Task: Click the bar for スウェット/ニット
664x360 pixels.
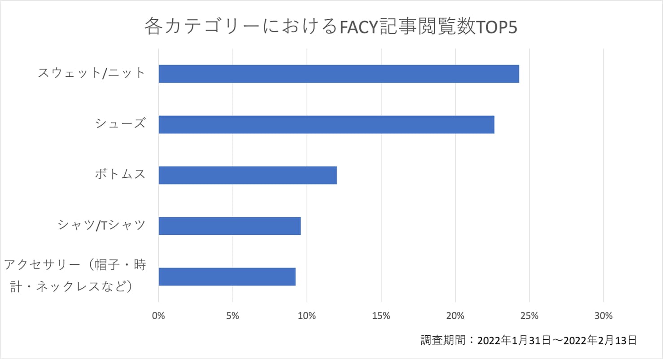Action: [339, 74]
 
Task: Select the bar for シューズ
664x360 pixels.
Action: [326, 124]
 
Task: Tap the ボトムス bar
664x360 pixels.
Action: [248, 175]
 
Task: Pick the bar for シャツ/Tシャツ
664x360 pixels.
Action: [230, 226]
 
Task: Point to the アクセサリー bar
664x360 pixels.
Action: [227, 277]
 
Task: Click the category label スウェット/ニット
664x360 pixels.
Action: [92, 73]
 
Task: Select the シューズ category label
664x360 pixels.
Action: [120, 123]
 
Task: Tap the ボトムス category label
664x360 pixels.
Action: [120, 174]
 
